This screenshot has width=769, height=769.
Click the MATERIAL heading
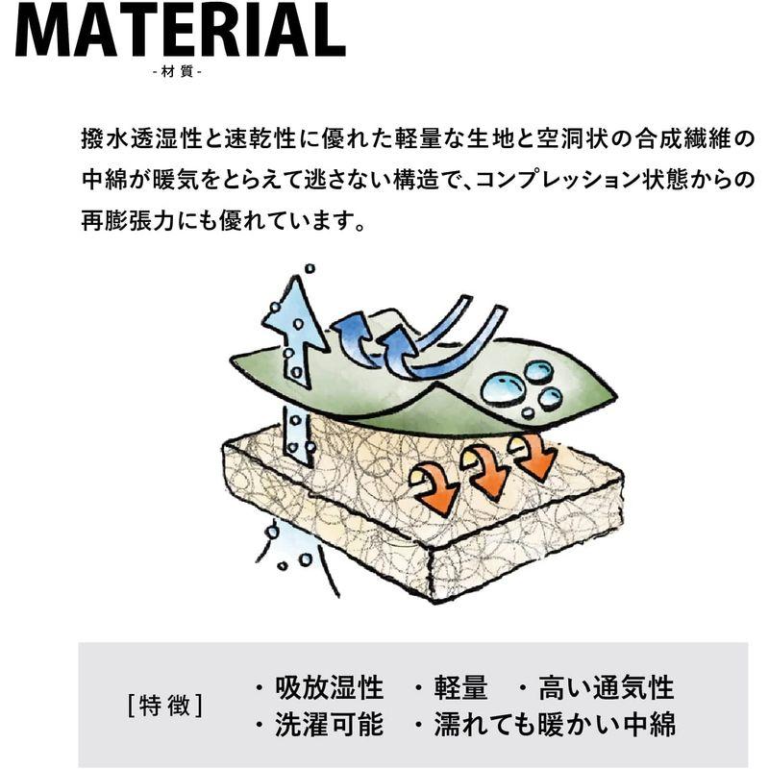coord(181,31)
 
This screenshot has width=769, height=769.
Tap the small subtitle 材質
coord(177,73)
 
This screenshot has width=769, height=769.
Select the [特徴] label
coord(164,705)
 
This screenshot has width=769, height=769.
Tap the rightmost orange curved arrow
coord(533,457)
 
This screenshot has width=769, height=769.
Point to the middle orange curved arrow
coord(485,472)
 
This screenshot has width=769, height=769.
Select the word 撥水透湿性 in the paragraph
coord(141,138)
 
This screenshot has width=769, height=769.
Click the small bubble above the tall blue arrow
coord(310,269)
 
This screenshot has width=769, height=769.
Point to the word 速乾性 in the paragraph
coord(260,138)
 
